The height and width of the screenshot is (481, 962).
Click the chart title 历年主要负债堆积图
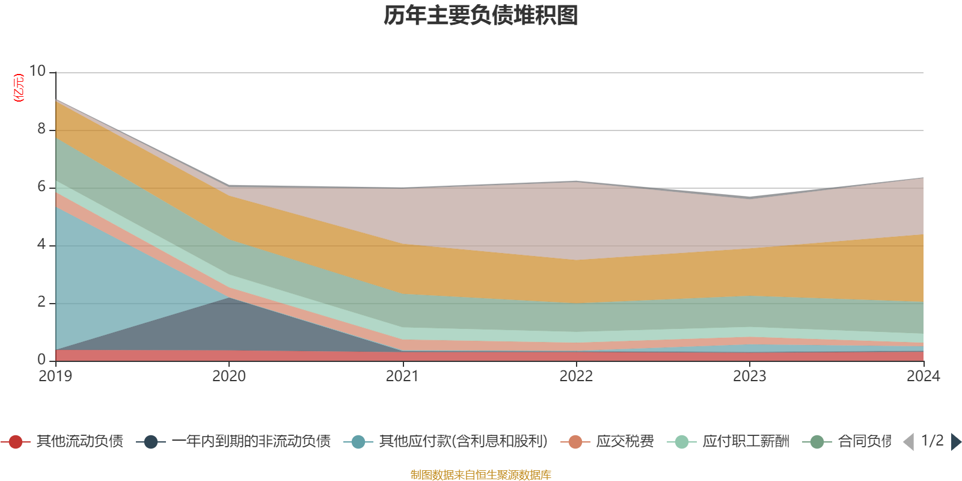(481, 16)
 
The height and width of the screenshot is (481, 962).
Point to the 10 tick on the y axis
(38, 71)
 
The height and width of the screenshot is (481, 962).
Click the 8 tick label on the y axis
(41, 129)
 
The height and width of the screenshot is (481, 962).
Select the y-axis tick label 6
(41, 186)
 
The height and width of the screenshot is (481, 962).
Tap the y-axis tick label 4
(41, 244)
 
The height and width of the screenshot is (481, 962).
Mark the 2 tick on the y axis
(41, 302)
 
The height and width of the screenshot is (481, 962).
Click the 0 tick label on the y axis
(41, 360)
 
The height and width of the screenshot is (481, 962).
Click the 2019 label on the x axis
(55, 376)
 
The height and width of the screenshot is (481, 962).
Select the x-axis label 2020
(229, 376)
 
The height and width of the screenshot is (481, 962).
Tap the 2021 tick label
(402, 376)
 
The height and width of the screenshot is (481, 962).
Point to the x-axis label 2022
(576, 376)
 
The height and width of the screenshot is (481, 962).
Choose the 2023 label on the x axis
(749, 376)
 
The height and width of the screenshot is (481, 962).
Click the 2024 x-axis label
(922, 376)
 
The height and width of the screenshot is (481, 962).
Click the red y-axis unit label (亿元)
(19, 88)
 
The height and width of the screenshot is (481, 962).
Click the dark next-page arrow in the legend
(955, 442)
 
